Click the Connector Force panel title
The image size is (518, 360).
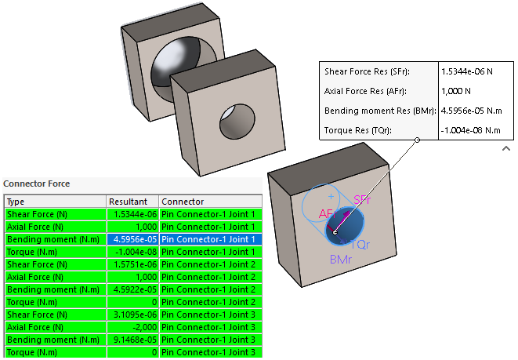pyautogui.click(x=37, y=184)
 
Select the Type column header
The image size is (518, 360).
pyautogui.click(x=16, y=202)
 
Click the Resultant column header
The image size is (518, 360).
pyautogui.click(x=128, y=202)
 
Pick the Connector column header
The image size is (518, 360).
pyautogui.click(x=183, y=202)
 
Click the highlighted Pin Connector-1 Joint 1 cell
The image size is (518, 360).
pyautogui.click(x=208, y=239)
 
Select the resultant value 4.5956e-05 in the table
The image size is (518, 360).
pyautogui.click(x=132, y=239)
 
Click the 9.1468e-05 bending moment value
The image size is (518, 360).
pyautogui.click(x=132, y=340)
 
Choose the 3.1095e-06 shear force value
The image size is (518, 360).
pyautogui.click(x=132, y=315)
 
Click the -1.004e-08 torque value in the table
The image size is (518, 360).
pyautogui.click(x=132, y=252)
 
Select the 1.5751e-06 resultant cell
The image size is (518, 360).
pyautogui.click(x=132, y=264)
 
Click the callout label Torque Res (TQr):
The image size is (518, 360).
pyautogui.click(x=357, y=130)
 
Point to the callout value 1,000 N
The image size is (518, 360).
pyautogui.click(x=457, y=91)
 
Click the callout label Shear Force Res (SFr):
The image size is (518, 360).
pyautogui.click(x=367, y=71)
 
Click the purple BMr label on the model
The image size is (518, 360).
pyautogui.click(x=341, y=259)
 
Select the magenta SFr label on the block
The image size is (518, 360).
pyautogui.click(x=362, y=201)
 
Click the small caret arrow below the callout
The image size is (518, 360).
pyautogui.click(x=505, y=147)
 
